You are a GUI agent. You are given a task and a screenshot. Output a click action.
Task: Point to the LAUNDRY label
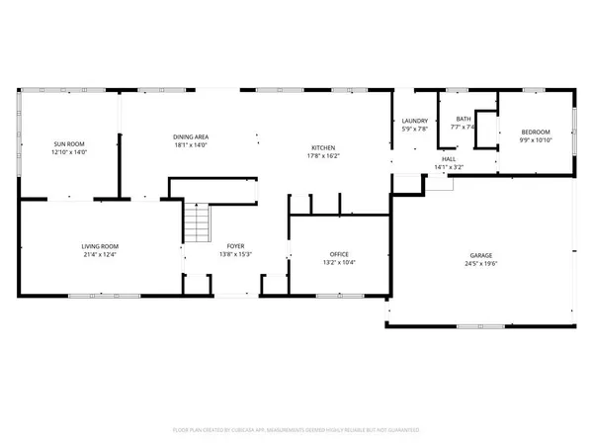(x=414, y=121)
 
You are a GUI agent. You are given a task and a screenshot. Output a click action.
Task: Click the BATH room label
(x=464, y=121)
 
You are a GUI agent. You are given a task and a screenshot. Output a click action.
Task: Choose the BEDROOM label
(x=535, y=131)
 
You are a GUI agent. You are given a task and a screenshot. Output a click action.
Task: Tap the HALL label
(x=449, y=160)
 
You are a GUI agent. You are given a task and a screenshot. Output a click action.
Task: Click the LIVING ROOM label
(x=100, y=246)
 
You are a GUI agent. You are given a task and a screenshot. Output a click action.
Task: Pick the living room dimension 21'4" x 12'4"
(x=100, y=254)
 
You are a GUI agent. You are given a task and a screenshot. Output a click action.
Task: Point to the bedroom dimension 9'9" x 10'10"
(x=535, y=138)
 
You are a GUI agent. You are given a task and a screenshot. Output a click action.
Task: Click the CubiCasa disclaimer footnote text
(x=296, y=431)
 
